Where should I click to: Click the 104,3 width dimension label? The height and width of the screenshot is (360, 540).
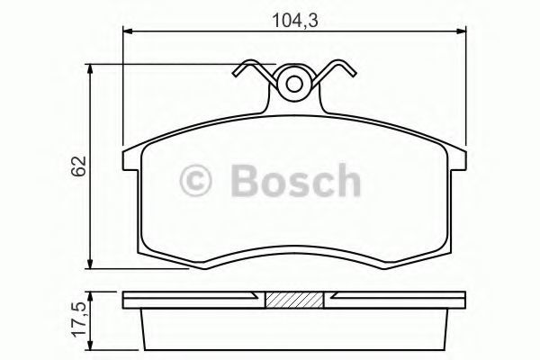pyautogui.click(x=295, y=21)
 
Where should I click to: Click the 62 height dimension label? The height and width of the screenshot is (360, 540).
pyautogui.click(x=78, y=166)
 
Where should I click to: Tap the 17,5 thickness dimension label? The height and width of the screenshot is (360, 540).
pyautogui.click(x=79, y=319)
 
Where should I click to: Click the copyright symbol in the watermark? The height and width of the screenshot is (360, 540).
pyautogui.click(x=195, y=180)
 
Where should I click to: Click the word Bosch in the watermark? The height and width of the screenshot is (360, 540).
pyautogui.click(x=296, y=180)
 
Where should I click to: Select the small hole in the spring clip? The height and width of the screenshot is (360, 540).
pyautogui.click(x=294, y=84)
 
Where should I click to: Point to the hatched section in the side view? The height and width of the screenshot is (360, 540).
pyautogui.click(x=294, y=300)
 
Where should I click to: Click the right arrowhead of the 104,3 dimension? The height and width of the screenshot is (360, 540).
pyautogui.click(x=461, y=31)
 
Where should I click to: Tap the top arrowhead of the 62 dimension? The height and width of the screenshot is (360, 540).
pyautogui.click(x=90, y=69)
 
